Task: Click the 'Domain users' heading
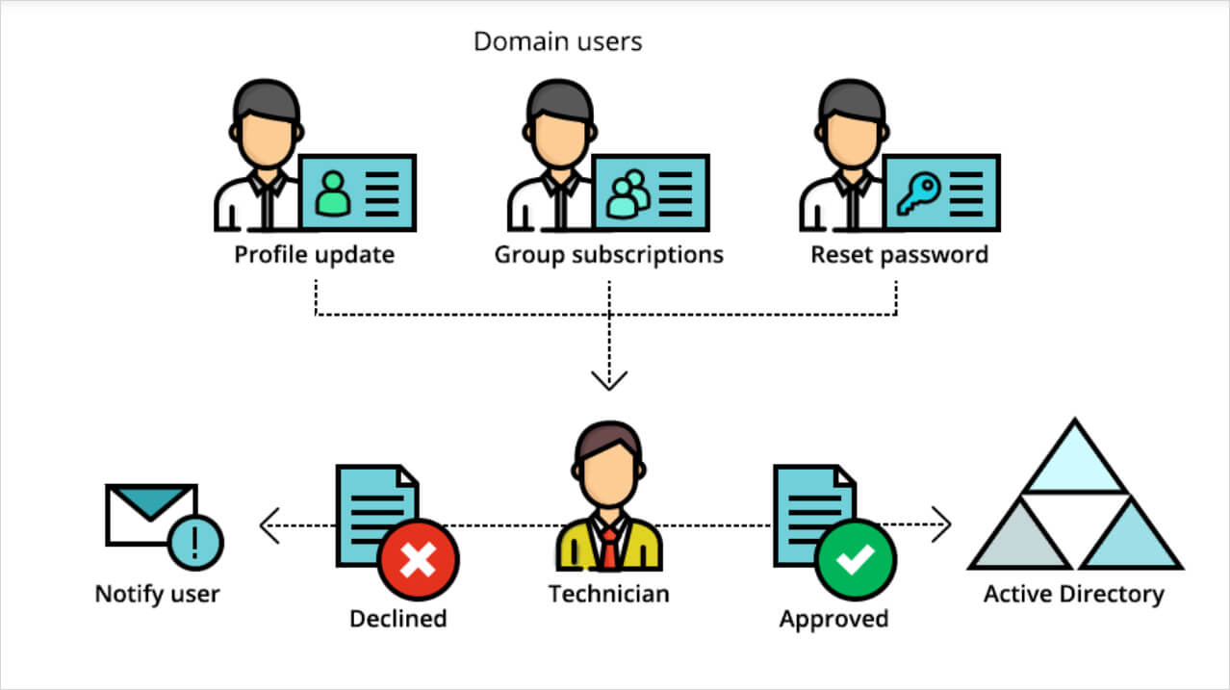[557, 42]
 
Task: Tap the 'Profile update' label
[315, 256]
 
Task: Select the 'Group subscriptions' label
[608, 256]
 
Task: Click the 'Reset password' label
[899, 256]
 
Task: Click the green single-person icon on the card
[333, 192]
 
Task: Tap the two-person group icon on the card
[627, 192]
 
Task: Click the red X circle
[418, 560]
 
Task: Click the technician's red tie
[610, 548]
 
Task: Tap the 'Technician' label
[608, 594]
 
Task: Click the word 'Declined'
[397, 618]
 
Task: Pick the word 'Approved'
[833, 618]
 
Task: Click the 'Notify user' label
[157, 594]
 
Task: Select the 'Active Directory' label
[1073, 594]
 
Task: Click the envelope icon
[149, 516]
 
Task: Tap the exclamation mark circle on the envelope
[195, 541]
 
